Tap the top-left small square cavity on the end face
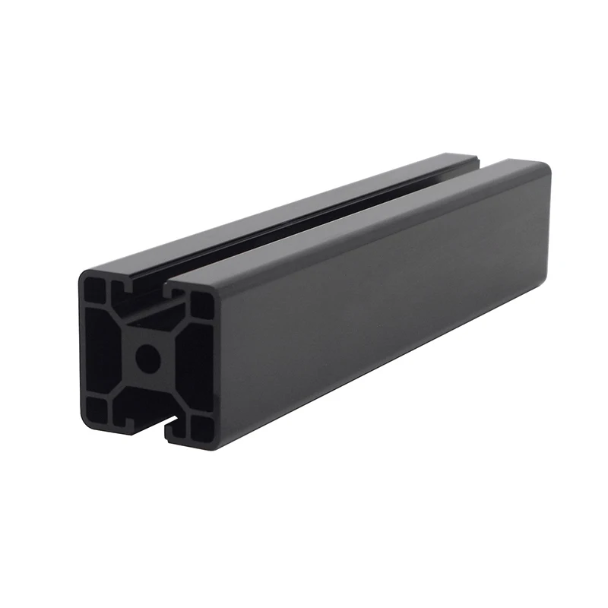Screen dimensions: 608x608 97,290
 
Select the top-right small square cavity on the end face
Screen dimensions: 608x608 201,306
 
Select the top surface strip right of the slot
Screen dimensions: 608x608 357,220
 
